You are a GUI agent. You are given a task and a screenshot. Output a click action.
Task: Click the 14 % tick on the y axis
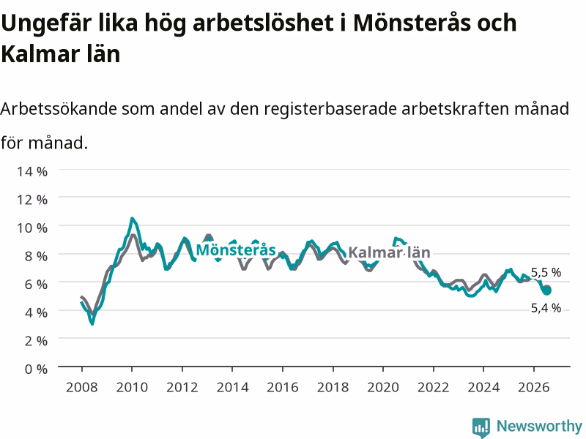(32, 171)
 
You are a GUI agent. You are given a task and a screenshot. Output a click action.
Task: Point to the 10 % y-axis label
(32, 228)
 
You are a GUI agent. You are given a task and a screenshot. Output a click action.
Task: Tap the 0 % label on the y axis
(36, 369)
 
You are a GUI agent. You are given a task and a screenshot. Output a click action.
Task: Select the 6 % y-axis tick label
(36, 284)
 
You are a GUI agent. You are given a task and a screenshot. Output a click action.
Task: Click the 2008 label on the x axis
(82, 387)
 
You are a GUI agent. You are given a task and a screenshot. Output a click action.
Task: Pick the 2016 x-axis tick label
(283, 387)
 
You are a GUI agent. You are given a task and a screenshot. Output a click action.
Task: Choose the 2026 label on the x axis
(534, 387)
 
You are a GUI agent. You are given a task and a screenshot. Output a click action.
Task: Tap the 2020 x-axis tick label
(383, 387)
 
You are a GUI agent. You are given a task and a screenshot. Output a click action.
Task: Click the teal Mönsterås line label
(236, 249)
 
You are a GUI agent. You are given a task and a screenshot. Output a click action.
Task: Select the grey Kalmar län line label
(389, 252)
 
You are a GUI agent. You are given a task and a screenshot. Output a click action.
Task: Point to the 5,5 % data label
(546, 272)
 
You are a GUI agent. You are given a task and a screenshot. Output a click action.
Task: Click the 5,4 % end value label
(546, 308)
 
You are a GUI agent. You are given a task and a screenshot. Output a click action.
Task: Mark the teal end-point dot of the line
(546, 290)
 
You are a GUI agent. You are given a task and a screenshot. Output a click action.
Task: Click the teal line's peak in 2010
(132, 218)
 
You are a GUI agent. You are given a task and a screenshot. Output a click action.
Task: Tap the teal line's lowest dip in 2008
(92, 323)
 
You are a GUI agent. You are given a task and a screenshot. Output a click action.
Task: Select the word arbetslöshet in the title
(264, 23)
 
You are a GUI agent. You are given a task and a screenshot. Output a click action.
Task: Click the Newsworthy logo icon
(481, 427)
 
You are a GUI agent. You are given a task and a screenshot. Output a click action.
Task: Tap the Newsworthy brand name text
(539, 426)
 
